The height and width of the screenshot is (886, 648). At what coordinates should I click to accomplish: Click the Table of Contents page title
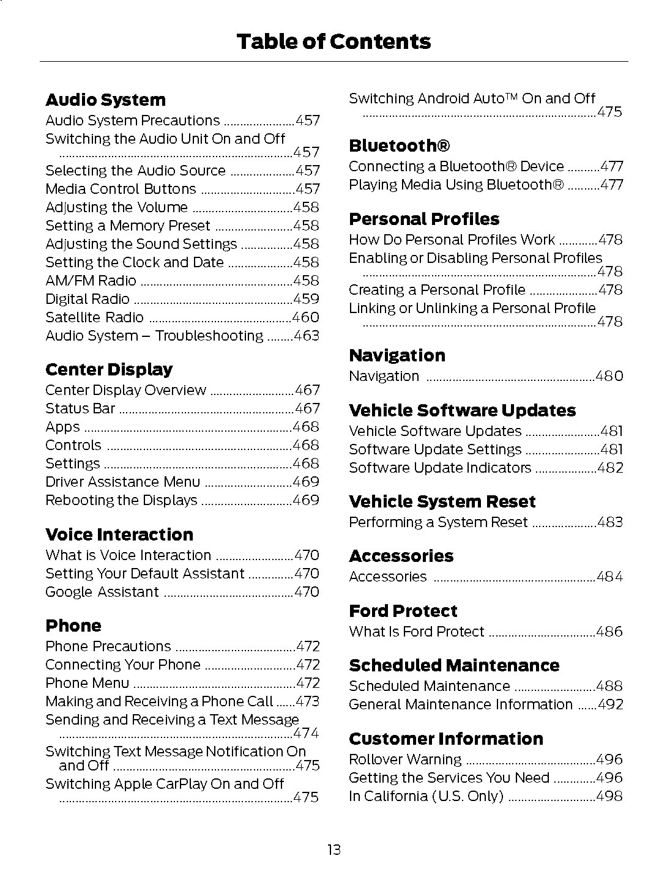pos(333,42)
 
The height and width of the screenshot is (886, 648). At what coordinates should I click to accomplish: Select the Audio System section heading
pos(105,100)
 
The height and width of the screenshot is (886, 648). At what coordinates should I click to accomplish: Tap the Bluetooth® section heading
pos(399,146)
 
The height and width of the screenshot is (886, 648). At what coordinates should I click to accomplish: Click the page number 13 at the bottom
pos(333,849)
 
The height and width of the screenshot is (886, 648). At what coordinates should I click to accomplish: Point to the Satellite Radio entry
pos(94,318)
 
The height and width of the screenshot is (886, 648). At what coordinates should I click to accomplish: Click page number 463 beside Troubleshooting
pos(306,336)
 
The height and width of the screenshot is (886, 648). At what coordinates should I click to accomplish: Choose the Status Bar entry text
pos(80,409)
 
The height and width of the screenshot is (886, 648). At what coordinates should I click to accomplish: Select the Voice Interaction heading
pos(119,535)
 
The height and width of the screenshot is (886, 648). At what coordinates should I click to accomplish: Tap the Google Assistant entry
pos(102,593)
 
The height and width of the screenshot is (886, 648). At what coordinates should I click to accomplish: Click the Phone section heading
pos(73,626)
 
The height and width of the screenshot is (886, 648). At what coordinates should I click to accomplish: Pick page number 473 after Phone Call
pos(307,702)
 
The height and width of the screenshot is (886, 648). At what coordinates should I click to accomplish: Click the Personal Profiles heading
pos(424,220)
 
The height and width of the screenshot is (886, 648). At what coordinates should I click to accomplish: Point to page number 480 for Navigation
pos(609,377)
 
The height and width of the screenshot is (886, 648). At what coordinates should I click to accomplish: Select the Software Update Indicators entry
pos(440,468)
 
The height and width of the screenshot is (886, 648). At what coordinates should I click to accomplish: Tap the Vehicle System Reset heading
pos(442,502)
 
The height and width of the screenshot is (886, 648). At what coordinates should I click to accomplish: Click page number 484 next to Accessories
pos(609,577)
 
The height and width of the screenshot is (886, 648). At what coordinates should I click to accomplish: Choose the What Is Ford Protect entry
pos(416,632)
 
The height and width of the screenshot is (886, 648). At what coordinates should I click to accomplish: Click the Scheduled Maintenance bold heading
pos(454,666)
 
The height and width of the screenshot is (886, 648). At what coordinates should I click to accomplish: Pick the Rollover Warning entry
pos(405,760)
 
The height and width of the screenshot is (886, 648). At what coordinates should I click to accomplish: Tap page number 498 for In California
pos(609,797)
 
